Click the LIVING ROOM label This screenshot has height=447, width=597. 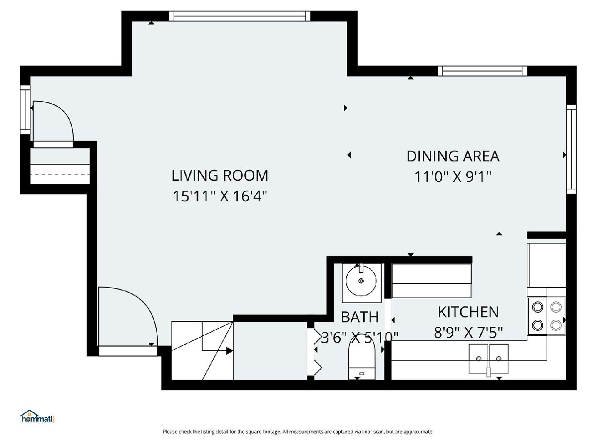[220, 175]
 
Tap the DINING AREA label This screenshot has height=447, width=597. [453, 156]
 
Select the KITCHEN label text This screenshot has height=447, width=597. [468, 312]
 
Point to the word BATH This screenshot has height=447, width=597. [360, 317]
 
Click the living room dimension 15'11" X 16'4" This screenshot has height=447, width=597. [220, 196]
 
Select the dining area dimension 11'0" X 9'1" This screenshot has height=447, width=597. [453, 177]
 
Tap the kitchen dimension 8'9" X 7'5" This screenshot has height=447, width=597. [468, 332]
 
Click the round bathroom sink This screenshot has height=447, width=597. [361, 281]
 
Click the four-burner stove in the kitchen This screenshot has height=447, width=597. [547, 316]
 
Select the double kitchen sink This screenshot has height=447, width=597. [489, 359]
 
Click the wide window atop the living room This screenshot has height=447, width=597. [240, 16]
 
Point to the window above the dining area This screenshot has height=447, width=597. [483, 71]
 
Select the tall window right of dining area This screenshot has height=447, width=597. [571, 149]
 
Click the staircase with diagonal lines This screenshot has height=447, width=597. [202, 351]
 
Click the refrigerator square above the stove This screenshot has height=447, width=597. [547, 265]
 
